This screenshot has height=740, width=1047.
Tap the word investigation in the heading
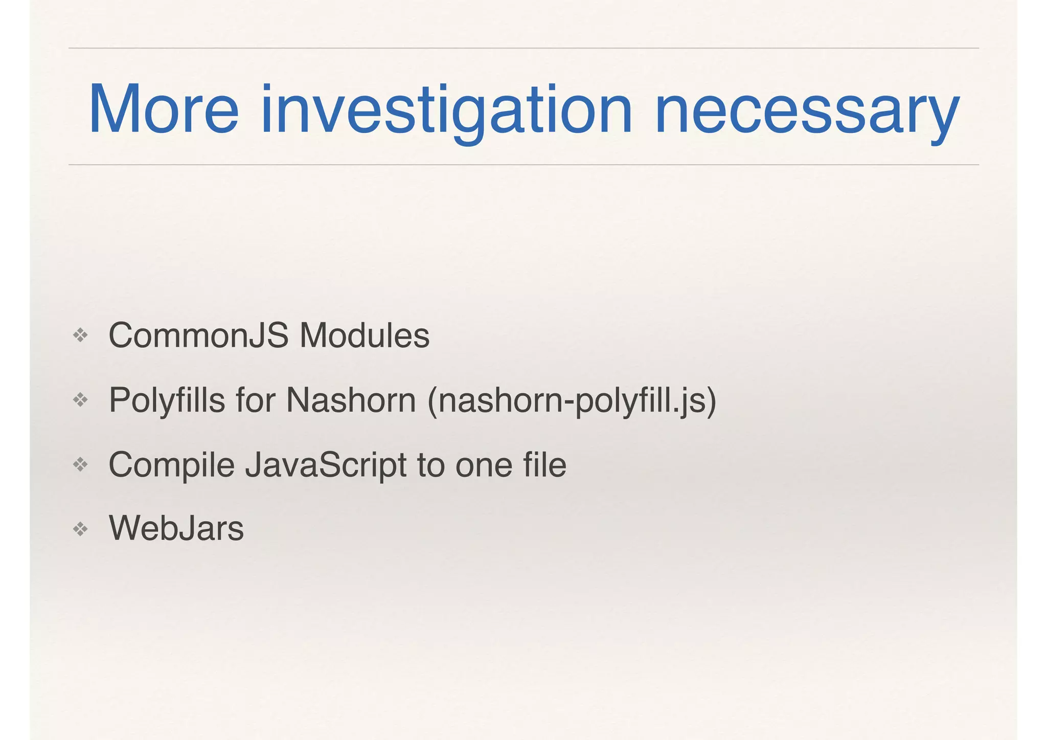(446, 110)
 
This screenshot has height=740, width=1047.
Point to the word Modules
(365, 335)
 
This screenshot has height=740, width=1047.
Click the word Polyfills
(167, 400)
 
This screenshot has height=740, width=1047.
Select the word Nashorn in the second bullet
(351, 400)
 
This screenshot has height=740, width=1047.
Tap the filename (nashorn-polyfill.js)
(572, 401)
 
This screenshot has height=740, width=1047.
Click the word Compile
(171, 465)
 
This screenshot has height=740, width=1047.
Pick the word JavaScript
(326, 465)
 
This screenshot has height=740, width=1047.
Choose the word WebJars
(176, 528)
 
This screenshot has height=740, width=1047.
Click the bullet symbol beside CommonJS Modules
(81, 336)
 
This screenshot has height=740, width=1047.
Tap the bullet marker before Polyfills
(81, 400)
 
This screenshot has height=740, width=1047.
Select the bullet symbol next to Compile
(81, 465)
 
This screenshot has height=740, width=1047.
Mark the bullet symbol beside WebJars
(81, 529)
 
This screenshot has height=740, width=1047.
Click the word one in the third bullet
(483, 465)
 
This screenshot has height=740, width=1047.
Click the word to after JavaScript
(430, 465)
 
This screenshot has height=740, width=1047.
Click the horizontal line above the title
(523, 48)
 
